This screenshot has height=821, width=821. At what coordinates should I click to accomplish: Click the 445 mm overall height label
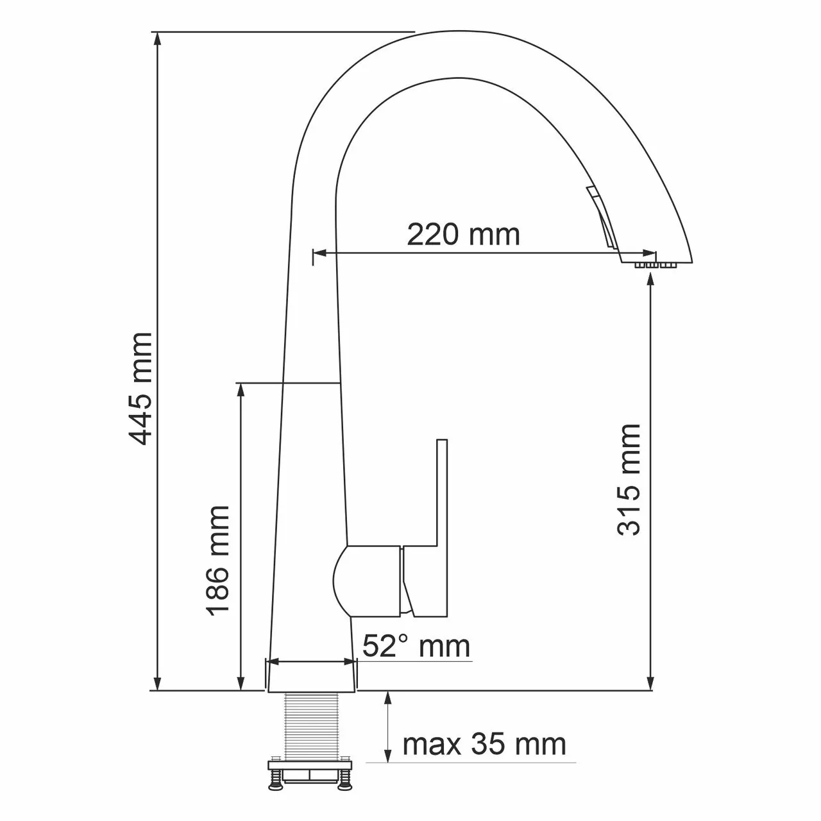point(140,388)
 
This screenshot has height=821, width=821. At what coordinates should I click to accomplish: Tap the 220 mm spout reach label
point(463,235)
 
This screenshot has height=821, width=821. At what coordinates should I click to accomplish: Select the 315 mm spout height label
point(629,479)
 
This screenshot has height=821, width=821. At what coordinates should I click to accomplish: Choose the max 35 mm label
point(484,745)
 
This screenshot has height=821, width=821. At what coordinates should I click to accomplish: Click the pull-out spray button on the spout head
point(603,218)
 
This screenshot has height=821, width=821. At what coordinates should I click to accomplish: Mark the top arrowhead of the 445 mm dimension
point(157,38)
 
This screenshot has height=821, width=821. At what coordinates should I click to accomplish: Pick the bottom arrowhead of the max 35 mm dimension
point(387,757)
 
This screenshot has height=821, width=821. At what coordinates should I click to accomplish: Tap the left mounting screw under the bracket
point(276,782)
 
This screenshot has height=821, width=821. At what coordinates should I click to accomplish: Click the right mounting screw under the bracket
point(344,782)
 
